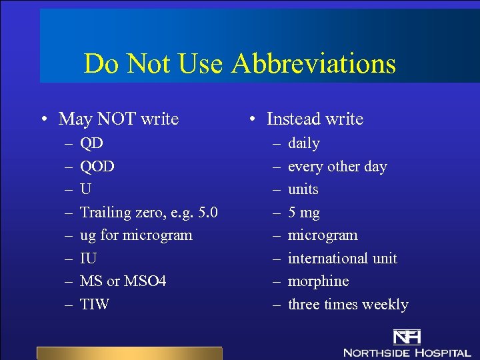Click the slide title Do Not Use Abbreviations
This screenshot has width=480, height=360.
click(x=239, y=64)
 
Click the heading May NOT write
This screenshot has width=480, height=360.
click(x=119, y=119)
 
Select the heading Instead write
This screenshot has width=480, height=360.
click(x=315, y=119)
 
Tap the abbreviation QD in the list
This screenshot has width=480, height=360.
click(x=91, y=143)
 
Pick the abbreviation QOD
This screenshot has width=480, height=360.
click(x=97, y=166)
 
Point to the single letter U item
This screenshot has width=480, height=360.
click(x=86, y=189)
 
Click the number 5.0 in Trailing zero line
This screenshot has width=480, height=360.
click(x=205, y=213)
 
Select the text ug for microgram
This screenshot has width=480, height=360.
click(x=136, y=235)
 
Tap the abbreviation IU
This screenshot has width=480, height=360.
click(x=88, y=259)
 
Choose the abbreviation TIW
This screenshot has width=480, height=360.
click(x=95, y=305)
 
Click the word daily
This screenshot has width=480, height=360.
click(x=304, y=143)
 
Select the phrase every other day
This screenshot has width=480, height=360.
click(x=337, y=166)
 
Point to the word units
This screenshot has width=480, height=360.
click(x=303, y=189)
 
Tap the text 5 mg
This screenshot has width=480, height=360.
click(x=304, y=213)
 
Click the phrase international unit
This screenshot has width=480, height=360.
click(x=342, y=259)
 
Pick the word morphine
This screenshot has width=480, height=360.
click(x=318, y=281)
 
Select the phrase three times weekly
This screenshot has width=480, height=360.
click(x=348, y=305)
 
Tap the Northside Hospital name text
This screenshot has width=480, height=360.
click(x=407, y=351)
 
